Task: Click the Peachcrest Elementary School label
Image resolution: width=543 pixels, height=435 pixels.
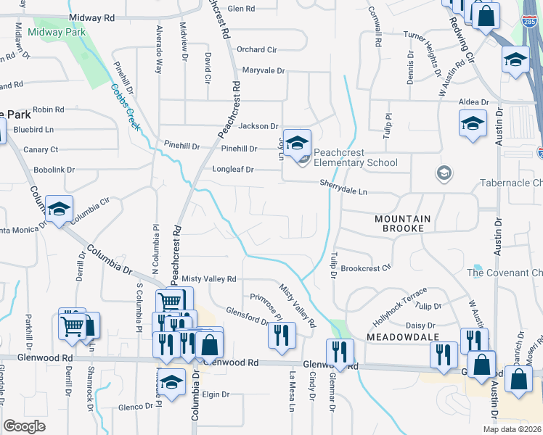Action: pyautogui.click(x=356, y=162)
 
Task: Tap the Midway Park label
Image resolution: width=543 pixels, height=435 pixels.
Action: pyautogui.click(x=57, y=32)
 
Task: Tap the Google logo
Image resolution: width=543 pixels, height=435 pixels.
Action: pyautogui.click(x=24, y=426)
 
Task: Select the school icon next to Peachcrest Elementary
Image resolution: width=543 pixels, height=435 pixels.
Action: pyautogui.click(x=297, y=143)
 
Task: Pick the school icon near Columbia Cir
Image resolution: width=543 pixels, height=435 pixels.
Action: pyautogui.click(x=59, y=209)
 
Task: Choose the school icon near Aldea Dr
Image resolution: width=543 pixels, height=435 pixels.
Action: pyautogui.click(x=473, y=123)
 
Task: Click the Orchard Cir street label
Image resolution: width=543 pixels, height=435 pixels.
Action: pyautogui.click(x=258, y=49)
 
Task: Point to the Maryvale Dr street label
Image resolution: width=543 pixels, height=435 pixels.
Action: pyautogui.click(x=264, y=71)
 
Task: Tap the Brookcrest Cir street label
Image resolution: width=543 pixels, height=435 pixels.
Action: pyautogui.click(x=367, y=268)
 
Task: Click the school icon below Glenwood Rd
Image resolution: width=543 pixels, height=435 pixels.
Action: pyautogui.click(x=172, y=381)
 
